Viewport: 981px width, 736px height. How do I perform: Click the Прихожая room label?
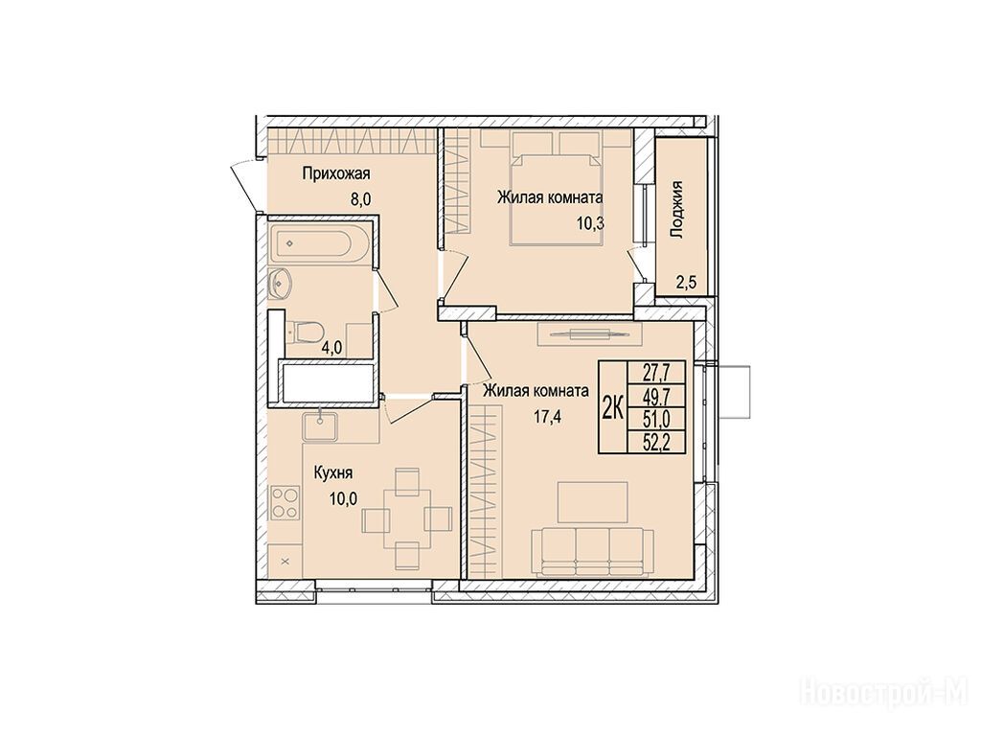pos(336,173)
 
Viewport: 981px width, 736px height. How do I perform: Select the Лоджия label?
pos(676,210)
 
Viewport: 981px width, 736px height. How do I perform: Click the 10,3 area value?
pos(590,223)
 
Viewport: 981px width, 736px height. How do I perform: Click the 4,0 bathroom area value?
pos(331,348)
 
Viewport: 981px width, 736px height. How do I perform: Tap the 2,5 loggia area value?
pos(686,283)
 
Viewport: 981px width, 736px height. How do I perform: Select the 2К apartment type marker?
pos(612,407)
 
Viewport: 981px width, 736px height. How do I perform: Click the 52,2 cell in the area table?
pos(656,443)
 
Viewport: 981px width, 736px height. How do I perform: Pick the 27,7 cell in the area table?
pos(656,373)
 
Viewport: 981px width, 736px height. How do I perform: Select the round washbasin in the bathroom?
pos(281,284)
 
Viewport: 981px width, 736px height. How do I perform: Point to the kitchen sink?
pos(320,426)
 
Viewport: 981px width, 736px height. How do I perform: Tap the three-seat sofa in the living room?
pos(592,551)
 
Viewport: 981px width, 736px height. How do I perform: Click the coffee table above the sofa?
pos(592,502)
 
